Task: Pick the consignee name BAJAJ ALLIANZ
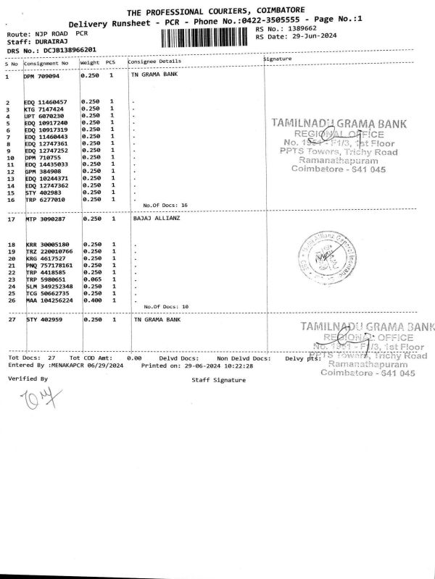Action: click(156, 218)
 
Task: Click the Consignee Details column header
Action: click(154, 62)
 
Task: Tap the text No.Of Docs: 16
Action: click(165, 206)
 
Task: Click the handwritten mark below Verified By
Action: click(33, 396)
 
